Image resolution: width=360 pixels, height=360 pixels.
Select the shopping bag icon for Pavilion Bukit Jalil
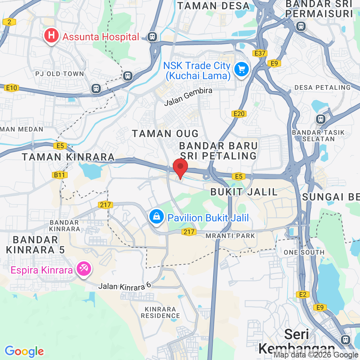click(x=157, y=217)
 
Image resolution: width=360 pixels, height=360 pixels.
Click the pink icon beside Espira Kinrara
click(x=84, y=269)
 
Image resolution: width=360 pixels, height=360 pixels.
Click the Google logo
click(x=24, y=351)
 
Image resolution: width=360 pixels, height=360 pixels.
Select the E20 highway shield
click(x=239, y=114)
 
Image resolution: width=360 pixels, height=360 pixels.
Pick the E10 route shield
click(x=12, y=88)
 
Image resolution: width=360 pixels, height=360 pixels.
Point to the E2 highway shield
click(x=303, y=295)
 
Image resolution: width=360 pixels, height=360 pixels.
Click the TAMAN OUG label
click(x=165, y=134)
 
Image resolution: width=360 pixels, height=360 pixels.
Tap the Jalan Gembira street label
click(x=188, y=97)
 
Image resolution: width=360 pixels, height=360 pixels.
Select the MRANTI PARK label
click(x=230, y=236)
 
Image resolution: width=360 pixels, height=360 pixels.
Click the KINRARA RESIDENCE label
click(x=160, y=312)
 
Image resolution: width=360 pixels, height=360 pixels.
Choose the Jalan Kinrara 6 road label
click(x=125, y=286)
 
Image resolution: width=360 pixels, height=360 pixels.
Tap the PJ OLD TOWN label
click(x=60, y=74)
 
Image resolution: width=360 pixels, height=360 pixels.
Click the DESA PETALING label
click(x=322, y=87)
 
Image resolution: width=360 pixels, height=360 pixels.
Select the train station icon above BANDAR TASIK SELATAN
click(x=320, y=119)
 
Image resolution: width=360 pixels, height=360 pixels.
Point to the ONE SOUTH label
click(x=304, y=252)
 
